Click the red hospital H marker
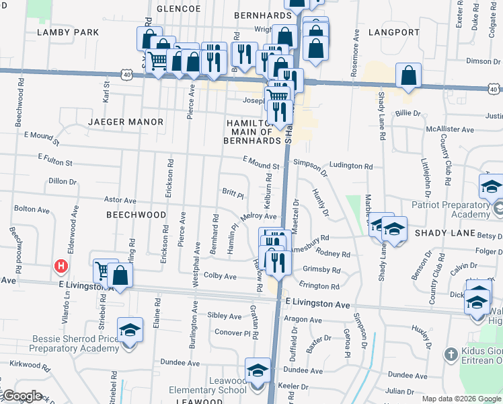[61, 267]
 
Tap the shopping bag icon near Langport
[408, 76]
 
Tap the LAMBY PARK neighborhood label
[68, 32]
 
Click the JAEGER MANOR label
[126, 122]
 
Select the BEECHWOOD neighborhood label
[136, 214]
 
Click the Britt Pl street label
[233, 194]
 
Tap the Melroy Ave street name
[259, 216]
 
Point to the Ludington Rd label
[350, 166]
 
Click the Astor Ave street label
[120, 201]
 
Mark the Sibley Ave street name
[225, 316]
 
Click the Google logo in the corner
[22, 397]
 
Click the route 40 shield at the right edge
[494, 88]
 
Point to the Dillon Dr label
[63, 181]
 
